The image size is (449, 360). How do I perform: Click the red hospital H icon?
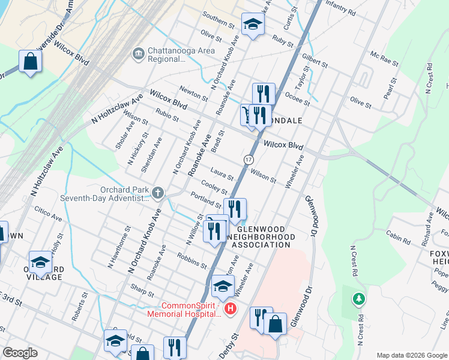[229, 309]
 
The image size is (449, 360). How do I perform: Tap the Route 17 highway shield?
[248, 160]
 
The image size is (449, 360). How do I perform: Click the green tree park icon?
[358, 298]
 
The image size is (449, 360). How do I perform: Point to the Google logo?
[20, 353]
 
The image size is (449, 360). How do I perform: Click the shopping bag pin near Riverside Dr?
[30, 62]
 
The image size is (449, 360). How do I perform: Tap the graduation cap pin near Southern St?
[253, 25]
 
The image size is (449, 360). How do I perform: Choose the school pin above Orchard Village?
[40, 261]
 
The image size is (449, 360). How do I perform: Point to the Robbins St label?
[191, 260]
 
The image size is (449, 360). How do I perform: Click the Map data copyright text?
[411, 355]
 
